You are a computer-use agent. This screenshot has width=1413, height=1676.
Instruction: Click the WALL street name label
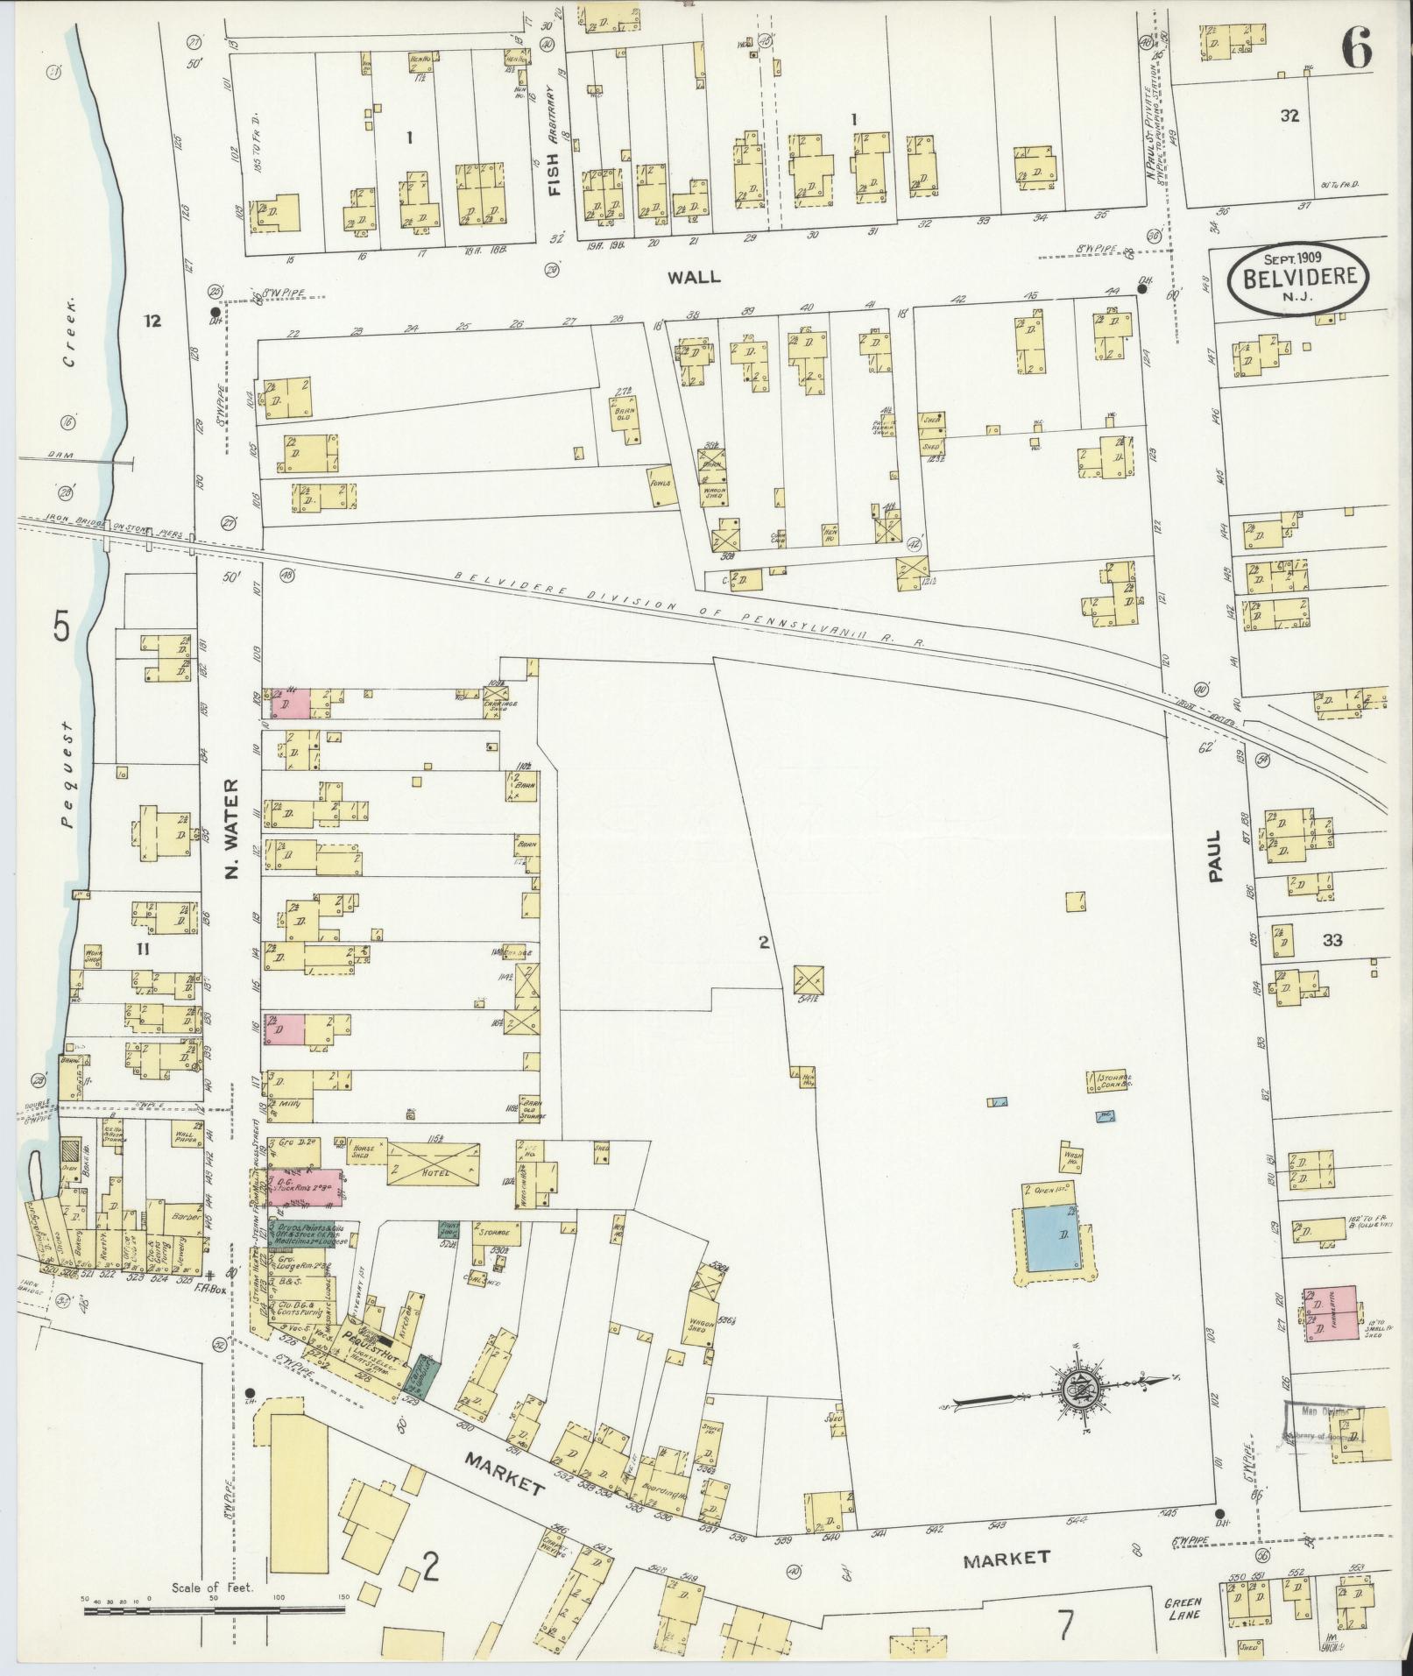(694, 277)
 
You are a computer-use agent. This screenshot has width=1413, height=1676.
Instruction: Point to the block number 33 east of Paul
(1332, 942)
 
